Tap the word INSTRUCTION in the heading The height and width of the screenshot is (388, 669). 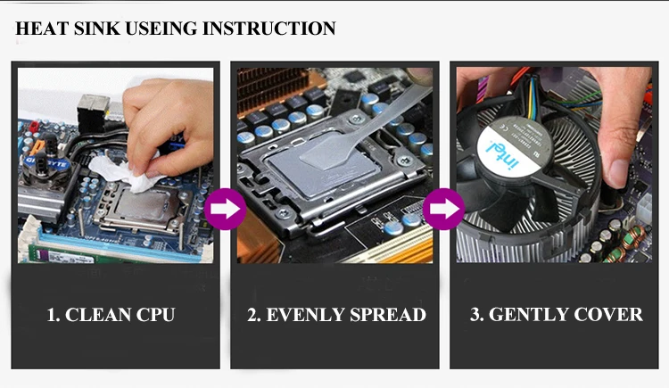pos(269,29)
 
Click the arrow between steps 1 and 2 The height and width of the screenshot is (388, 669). pos(225,211)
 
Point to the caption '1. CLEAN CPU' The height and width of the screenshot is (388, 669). pos(111,315)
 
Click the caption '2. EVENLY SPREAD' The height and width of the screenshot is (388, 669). pos(336,315)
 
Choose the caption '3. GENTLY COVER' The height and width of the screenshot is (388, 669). pos(556,315)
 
